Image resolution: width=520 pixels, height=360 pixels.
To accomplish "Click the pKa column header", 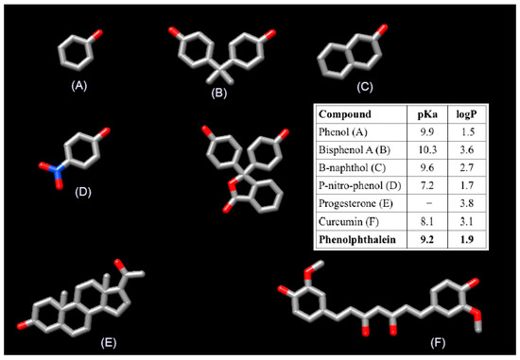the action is [432, 111].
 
